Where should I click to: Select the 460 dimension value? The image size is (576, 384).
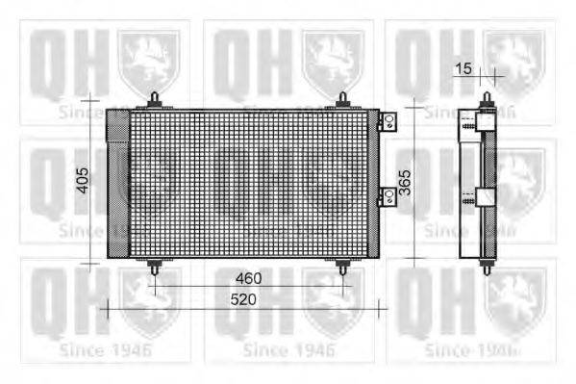[249, 279]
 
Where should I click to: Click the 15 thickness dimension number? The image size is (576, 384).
[464, 68]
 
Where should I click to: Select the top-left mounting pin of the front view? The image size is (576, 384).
[155, 99]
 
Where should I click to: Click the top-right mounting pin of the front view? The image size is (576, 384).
[343, 99]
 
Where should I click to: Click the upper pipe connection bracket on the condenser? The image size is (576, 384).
[388, 121]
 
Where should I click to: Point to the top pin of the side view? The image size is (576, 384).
[488, 99]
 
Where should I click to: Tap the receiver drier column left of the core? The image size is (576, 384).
[116, 183]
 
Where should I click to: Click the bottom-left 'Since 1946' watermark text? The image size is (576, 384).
[104, 348]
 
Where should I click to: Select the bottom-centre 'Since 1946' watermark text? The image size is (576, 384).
[288, 348]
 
